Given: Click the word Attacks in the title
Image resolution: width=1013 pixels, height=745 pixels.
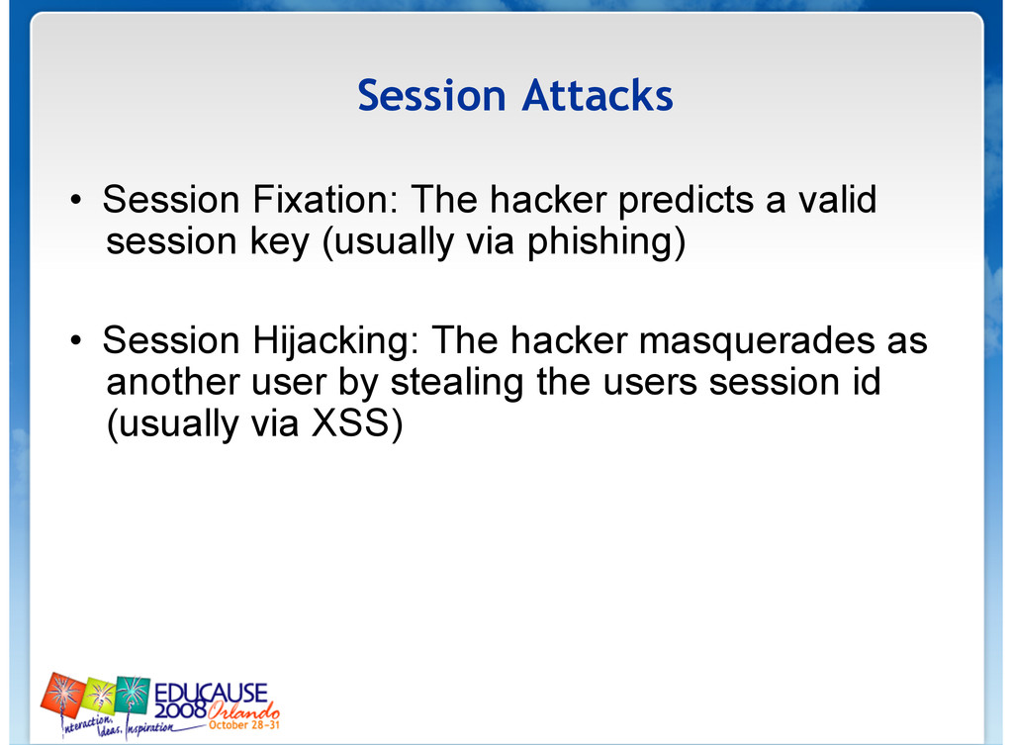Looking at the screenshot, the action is coord(598,96).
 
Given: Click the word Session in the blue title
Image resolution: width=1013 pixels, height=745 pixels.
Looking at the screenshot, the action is coord(431,96).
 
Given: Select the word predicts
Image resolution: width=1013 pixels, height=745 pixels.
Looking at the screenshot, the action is coord(686,200).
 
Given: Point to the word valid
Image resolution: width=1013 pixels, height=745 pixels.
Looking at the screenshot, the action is coord(838,199).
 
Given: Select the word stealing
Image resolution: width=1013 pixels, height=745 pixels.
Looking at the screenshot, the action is coord(457,383).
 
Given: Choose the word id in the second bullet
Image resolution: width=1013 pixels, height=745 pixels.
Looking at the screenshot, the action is coord(867,381).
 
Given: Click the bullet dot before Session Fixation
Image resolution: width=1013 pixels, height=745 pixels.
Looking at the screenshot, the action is coord(76,200).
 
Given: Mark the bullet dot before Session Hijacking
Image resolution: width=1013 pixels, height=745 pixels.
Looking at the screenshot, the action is coord(76,340).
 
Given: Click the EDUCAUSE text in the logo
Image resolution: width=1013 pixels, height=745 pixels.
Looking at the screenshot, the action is coord(211,694).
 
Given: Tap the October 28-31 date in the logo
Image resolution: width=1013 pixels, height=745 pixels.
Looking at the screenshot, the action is coord(244,725).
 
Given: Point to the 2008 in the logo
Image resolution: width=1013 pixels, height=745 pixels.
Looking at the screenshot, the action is coord(181,710).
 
